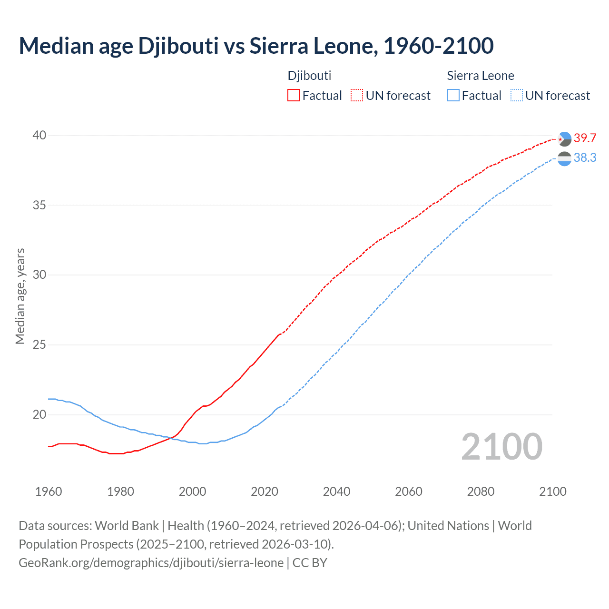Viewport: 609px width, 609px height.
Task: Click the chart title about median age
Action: [256, 46]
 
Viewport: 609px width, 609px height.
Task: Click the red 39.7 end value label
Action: [585, 138]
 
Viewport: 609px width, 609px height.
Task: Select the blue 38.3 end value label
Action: [585, 157]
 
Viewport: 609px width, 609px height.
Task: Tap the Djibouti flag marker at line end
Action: [564, 139]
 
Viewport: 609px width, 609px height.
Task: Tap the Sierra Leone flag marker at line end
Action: [564, 158]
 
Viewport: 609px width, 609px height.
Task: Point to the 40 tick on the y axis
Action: [39, 136]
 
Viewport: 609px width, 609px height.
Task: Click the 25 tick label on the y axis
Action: [39, 344]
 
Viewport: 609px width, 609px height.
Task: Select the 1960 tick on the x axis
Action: [49, 491]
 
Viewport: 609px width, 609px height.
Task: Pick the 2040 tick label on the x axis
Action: [336, 491]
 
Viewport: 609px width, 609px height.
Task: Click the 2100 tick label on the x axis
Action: [552, 491]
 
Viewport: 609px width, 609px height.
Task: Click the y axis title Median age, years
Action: [20, 296]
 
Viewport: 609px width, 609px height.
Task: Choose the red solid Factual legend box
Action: [294, 96]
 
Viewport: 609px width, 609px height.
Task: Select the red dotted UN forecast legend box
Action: [357, 96]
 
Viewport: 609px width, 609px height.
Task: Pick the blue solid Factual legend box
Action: [453, 96]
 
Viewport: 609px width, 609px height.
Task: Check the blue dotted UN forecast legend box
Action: [516, 96]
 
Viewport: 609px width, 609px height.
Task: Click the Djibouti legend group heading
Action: [309, 76]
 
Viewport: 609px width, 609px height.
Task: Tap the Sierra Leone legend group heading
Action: [481, 76]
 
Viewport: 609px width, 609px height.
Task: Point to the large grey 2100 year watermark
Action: [501, 447]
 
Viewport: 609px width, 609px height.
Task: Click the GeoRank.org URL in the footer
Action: [151, 563]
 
